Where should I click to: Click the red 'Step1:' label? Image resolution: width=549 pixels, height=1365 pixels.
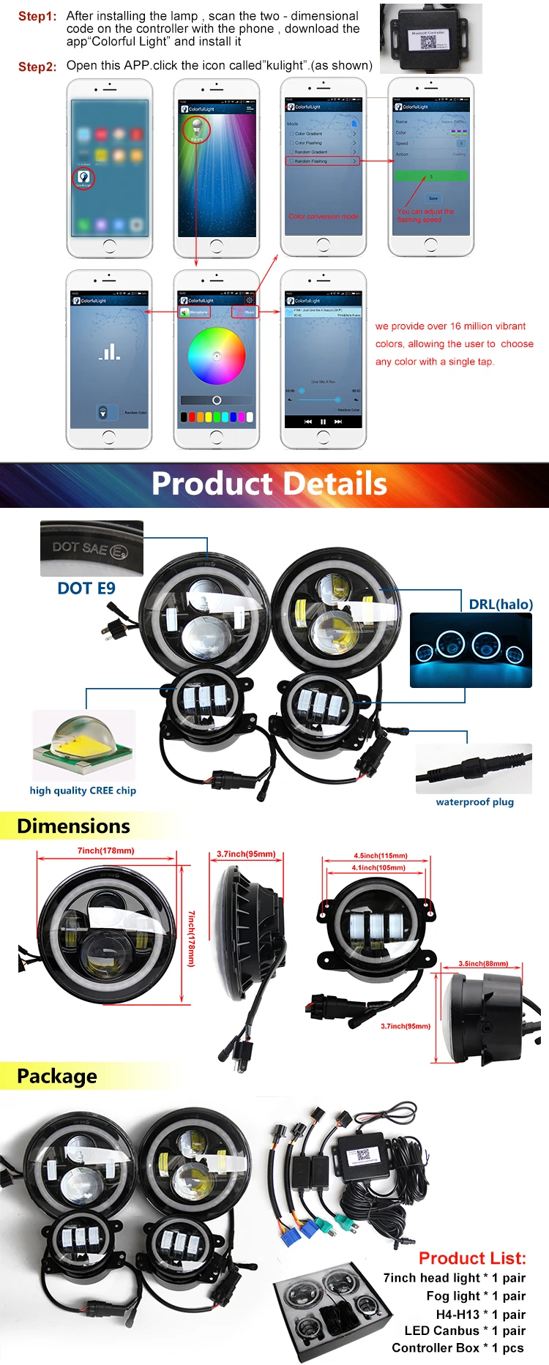click(37, 17)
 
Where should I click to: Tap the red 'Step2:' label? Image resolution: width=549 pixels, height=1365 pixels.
click(37, 67)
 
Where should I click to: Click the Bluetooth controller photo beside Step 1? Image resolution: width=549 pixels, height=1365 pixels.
click(430, 39)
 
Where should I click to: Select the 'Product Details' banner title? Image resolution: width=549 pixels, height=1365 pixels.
click(269, 485)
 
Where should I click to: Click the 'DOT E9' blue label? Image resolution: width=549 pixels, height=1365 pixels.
click(86, 588)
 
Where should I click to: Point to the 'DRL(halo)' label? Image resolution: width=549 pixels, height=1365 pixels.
click(501, 605)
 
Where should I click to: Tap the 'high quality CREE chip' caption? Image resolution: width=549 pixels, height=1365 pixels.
click(83, 790)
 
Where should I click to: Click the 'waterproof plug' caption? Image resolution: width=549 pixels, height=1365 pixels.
click(474, 802)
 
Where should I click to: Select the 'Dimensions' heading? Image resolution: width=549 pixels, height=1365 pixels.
click(73, 826)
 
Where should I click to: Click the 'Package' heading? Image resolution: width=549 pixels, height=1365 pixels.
click(57, 1077)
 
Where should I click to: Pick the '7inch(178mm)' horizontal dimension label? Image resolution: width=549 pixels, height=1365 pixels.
click(106, 851)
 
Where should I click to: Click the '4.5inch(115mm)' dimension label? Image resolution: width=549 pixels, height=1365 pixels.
click(381, 856)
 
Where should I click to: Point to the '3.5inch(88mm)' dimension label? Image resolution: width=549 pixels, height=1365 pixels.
click(483, 963)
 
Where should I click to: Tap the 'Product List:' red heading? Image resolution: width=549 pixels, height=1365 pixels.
click(472, 1259)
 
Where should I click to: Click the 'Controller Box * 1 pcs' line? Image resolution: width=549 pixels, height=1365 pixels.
click(457, 1348)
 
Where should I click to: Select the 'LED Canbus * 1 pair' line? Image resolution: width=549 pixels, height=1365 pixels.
click(465, 1331)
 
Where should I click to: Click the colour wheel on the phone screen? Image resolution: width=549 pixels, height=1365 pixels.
click(217, 356)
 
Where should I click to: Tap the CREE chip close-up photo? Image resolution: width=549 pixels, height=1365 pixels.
click(83, 745)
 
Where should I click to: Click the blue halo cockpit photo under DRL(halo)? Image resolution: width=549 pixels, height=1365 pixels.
click(471, 650)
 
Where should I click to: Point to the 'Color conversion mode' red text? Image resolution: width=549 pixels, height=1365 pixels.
click(324, 217)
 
